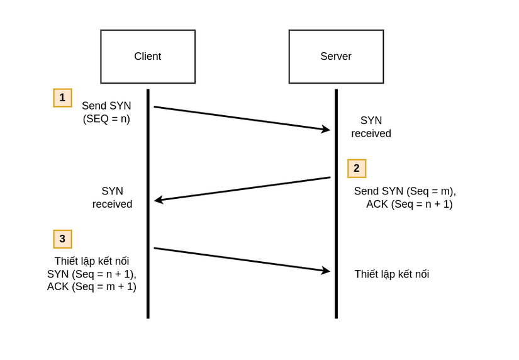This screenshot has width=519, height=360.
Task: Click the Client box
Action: pos(148,57)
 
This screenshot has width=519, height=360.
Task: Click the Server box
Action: pos(336,57)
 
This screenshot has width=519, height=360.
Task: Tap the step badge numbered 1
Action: pos(62,98)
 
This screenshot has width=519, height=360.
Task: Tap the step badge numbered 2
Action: pos(357,168)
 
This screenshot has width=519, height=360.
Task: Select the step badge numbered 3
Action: pos(62,239)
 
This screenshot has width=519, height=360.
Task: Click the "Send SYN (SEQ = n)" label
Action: pos(106,112)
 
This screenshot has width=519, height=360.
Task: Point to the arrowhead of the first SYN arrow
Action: pos(326,130)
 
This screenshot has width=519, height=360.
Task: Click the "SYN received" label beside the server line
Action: pos(371,127)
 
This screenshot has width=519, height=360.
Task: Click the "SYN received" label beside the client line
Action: pos(112,198)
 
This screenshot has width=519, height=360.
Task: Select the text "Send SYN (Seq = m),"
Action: pos(405,191)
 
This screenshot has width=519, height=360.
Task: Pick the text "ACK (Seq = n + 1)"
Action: pos(409,205)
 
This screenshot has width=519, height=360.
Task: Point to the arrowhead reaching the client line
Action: pos(158,200)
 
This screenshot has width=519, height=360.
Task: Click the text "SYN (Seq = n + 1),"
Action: pos(92,274)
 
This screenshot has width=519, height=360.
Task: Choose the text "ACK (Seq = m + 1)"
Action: pos(92,287)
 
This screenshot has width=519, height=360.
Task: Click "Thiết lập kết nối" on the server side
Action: pos(391,274)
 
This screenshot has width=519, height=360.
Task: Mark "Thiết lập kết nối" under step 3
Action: pos(92,261)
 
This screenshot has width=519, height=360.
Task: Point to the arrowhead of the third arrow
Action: pos(326,271)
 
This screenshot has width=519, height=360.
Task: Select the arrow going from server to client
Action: pos(242,189)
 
